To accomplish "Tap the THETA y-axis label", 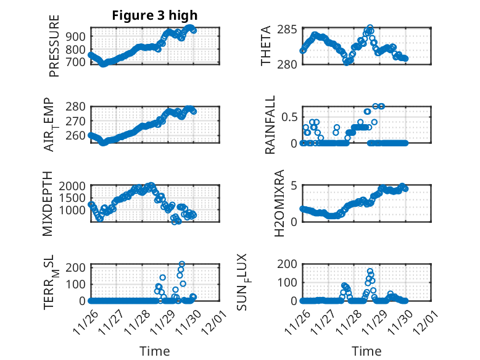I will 266,46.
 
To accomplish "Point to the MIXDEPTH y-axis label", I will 48,204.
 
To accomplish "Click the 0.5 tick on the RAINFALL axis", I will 290,117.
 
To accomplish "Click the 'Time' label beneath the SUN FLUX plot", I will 366,351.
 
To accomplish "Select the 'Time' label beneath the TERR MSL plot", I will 155,351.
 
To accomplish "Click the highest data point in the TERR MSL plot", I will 181,264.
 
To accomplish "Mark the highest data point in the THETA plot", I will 370,28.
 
